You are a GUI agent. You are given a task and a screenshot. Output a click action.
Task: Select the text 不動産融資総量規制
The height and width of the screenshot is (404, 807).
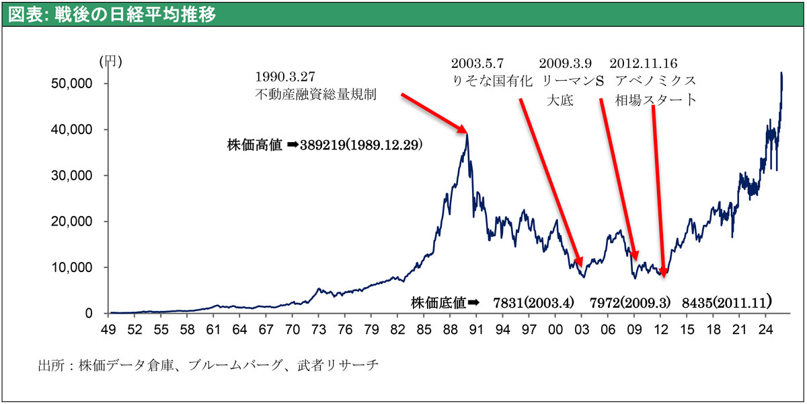pos(315,94)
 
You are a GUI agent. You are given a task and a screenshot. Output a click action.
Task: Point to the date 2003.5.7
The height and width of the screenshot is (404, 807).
pos(477,64)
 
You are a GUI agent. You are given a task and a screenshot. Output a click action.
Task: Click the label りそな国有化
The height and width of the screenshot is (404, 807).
pos(492,82)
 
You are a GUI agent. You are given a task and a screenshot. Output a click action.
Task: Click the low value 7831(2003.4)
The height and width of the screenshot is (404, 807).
pos(533,303)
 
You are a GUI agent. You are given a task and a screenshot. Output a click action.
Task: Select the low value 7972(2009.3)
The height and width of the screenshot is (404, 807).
pos(629,303)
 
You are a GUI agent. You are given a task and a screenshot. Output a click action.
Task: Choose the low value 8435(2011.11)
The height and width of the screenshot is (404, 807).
pos(726,303)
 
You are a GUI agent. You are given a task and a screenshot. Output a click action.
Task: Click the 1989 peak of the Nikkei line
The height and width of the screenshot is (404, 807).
pos(467,134)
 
